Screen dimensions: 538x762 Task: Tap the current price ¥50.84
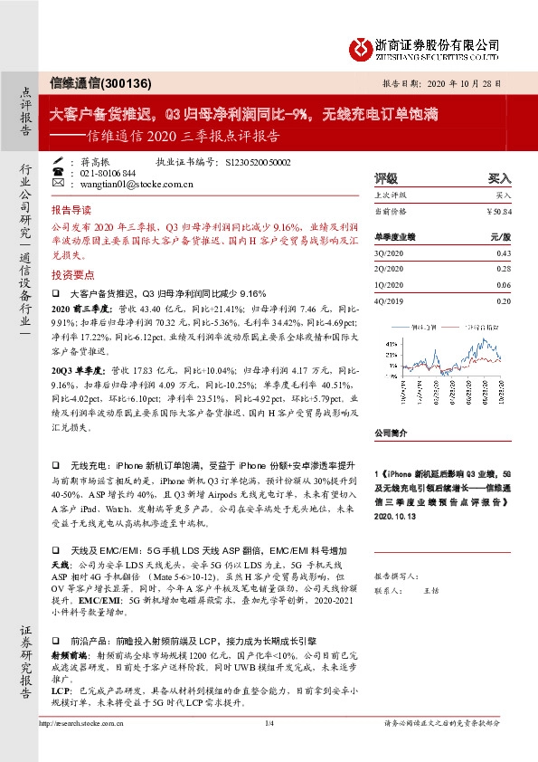(x=498, y=210)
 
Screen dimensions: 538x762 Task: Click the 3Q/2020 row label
(x=390, y=252)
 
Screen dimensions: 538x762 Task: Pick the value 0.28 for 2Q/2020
(x=504, y=269)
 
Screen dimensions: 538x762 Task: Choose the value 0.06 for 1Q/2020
(x=504, y=285)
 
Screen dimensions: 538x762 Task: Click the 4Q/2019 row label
(x=390, y=301)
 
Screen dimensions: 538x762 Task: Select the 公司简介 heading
(x=391, y=433)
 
